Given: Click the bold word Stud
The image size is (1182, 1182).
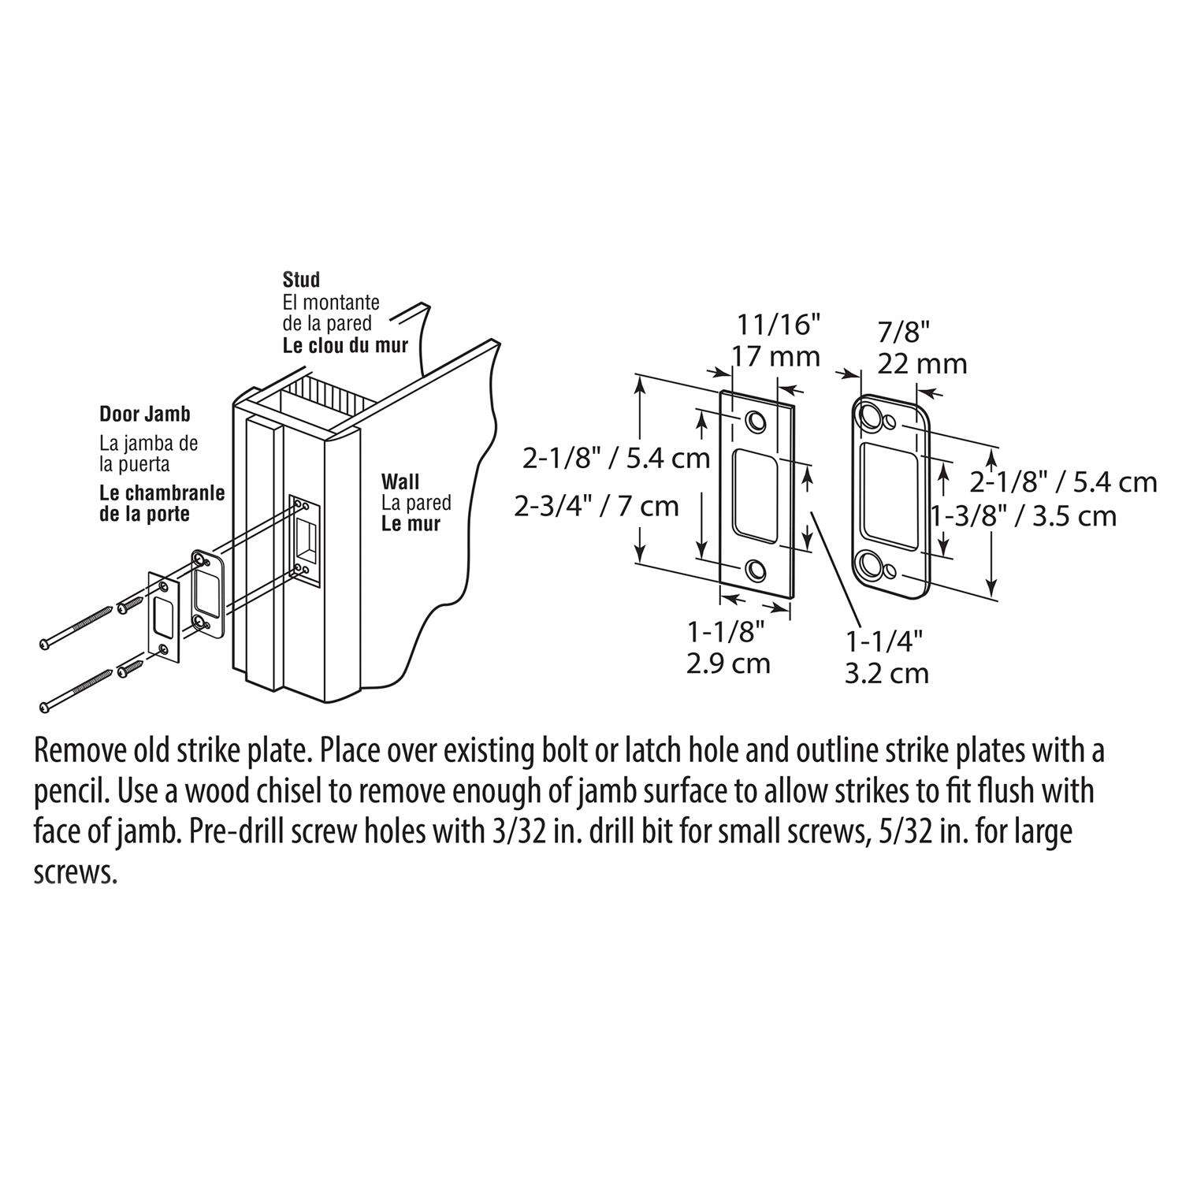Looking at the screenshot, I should tap(301, 280).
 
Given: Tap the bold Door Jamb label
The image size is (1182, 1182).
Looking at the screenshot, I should tap(144, 414).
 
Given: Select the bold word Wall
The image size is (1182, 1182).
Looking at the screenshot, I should tap(400, 481).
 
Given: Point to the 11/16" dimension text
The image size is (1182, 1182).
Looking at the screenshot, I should tap(778, 324).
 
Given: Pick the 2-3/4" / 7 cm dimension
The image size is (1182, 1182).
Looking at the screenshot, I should tap(597, 505).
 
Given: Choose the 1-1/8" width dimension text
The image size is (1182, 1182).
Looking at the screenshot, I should tap(726, 631).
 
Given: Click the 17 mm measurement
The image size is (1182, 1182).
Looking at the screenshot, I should tap(776, 357).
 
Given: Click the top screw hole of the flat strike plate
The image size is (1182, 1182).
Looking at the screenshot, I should tap(756, 422).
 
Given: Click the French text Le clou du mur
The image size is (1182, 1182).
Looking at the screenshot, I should tap(345, 345).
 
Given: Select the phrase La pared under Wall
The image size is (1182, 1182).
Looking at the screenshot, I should tap(416, 503).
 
